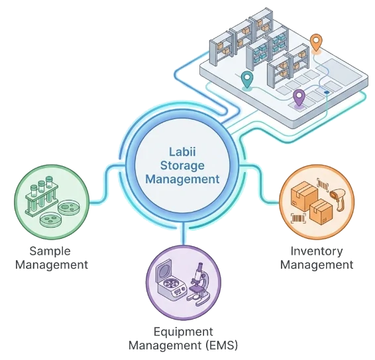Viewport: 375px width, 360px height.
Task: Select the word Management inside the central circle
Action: coord(182,179)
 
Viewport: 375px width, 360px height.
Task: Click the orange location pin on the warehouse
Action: coord(316,42)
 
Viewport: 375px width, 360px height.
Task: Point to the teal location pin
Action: coord(247,79)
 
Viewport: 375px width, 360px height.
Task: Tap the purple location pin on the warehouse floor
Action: coord(299,97)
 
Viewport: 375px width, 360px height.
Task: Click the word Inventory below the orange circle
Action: coord(317,251)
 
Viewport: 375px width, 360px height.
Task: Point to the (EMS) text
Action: coord(220,345)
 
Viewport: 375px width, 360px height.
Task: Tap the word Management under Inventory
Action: coord(317,265)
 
